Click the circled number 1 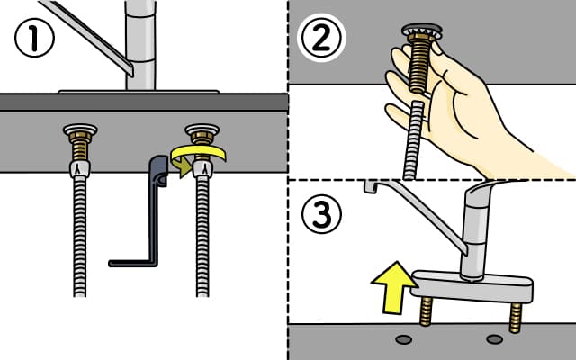pyautogui.click(x=34, y=38)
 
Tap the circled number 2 pyautogui.click(x=321, y=38)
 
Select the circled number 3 pyautogui.click(x=322, y=214)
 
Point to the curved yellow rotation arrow pyautogui.click(x=198, y=156)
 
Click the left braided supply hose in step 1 pyautogui.click(x=80, y=235)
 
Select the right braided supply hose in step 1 pyautogui.click(x=202, y=235)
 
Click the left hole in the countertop pyautogui.click(x=404, y=339)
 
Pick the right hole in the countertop pyautogui.click(x=494, y=339)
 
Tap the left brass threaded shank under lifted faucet pyautogui.click(x=426, y=311)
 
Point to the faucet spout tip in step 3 pyautogui.click(x=370, y=186)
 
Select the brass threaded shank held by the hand pyautogui.click(x=419, y=62)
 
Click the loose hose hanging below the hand pyautogui.click(x=414, y=140)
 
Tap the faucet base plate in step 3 pyautogui.click(x=472, y=286)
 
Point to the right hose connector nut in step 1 pyautogui.click(x=202, y=168)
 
